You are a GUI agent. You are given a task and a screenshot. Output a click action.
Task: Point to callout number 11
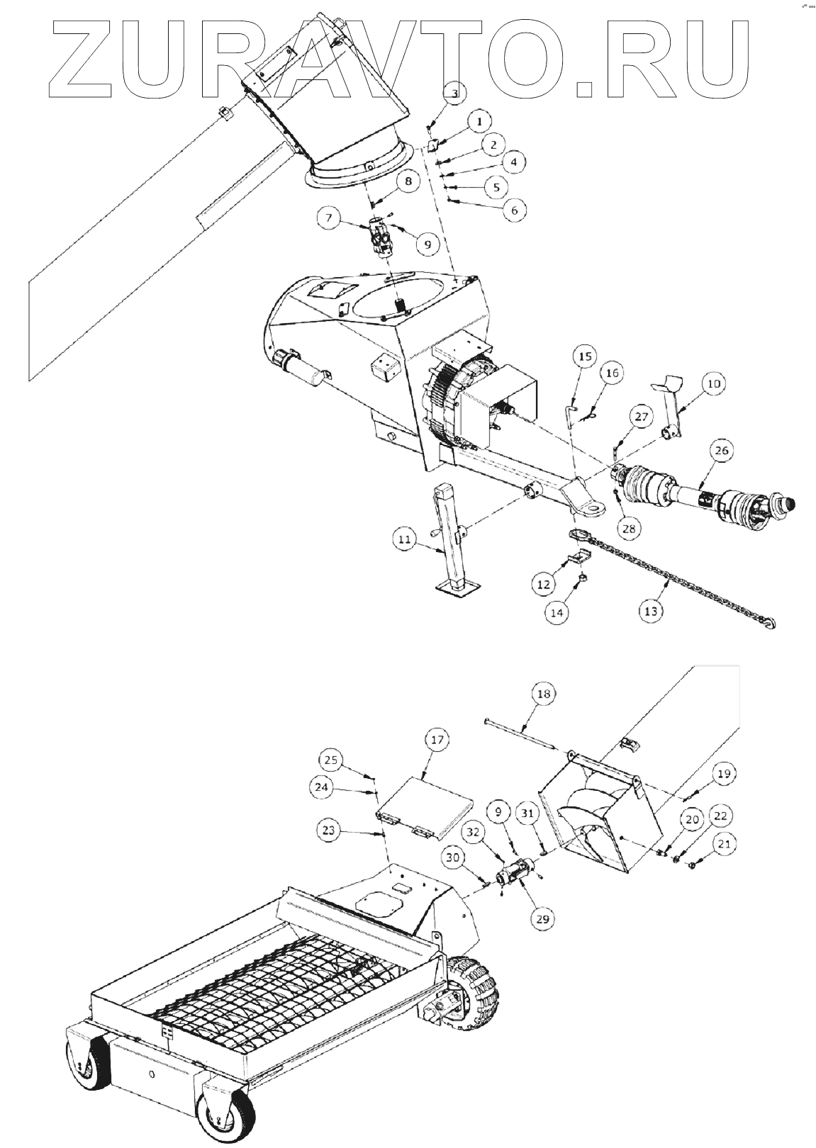click(x=403, y=540)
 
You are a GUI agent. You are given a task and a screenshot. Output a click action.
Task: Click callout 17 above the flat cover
click(x=437, y=740)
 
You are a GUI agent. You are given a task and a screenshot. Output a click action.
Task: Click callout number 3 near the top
click(x=455, y=92)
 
